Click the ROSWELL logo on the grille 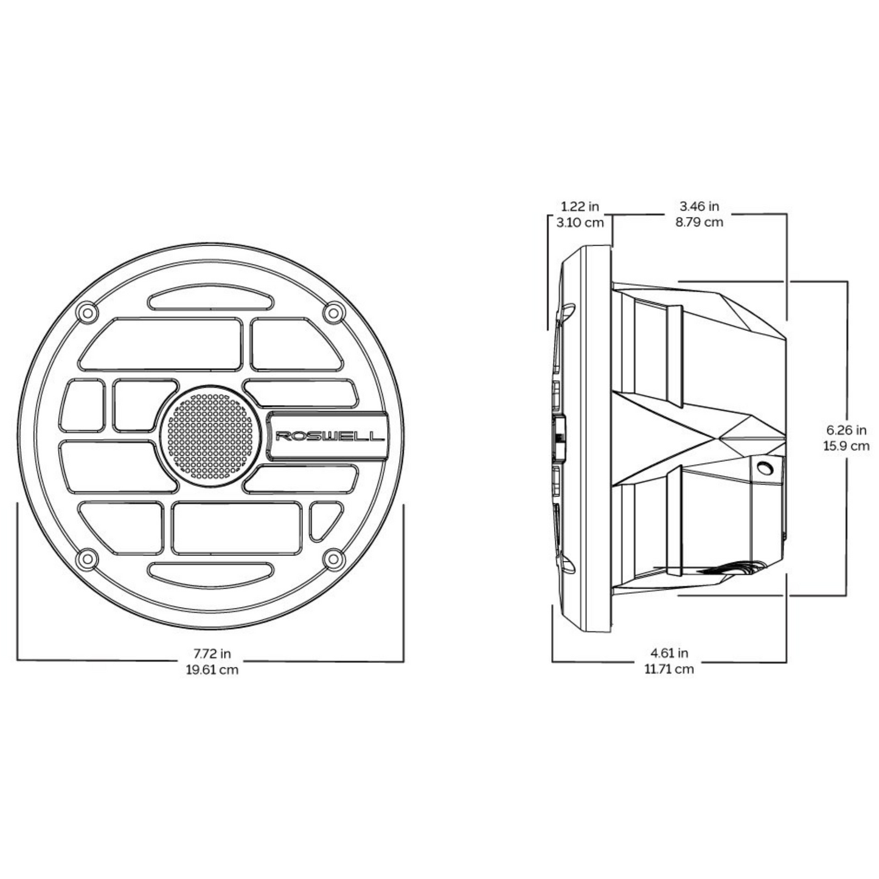329,436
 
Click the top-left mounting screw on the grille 88,313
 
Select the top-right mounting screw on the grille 333,313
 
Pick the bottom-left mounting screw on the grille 88,558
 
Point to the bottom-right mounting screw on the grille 333,558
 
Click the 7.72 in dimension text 212,655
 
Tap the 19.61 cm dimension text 212,670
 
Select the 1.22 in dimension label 580,207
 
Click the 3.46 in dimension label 699,207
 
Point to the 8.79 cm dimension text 699,222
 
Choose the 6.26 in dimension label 846,431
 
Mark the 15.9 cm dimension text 846,446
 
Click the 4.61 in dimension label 669,653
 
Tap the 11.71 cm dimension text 669,669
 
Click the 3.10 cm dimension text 580,222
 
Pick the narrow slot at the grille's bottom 210,572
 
